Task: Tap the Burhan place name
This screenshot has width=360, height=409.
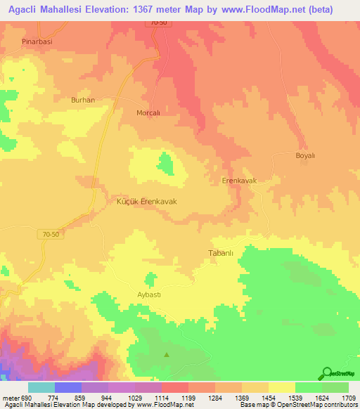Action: click(83, 100)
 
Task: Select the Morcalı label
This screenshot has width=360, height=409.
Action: click(148, 112)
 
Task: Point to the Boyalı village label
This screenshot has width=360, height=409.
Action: click(306, 155)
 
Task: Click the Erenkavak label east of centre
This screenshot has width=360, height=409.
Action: click(240, 181)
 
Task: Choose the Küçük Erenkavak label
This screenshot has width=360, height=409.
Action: click(146, 201)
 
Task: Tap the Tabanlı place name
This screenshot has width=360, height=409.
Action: click(221, 252)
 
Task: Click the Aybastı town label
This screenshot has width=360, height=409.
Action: click(148, 295)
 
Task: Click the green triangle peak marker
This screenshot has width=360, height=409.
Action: click(167, 355)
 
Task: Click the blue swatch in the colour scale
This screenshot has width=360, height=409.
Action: click(68, 387)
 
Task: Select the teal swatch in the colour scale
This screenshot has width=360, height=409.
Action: click(41, 387)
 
